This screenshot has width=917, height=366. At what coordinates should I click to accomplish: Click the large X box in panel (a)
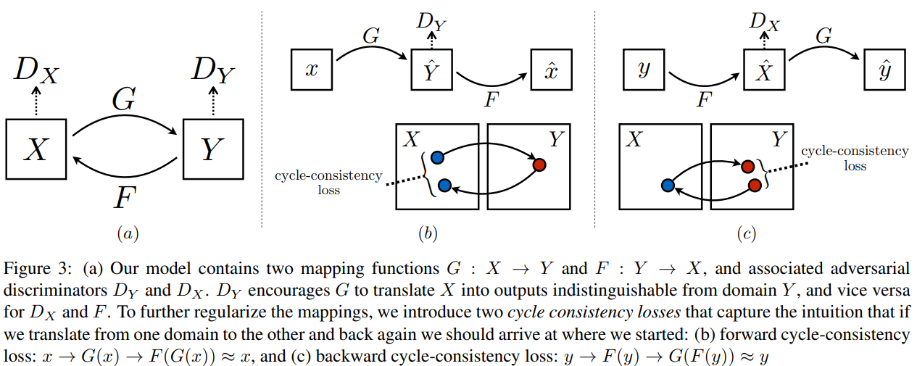pyautogui.click(x=38, y=149)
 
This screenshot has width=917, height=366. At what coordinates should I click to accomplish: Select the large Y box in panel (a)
pyautogui.click(x=211, y=149)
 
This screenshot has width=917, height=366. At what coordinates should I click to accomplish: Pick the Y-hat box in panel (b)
pyautogui.click(x=432, y=70)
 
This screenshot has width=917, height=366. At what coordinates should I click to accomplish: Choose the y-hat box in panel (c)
pyautogui.click(x=884, y=70)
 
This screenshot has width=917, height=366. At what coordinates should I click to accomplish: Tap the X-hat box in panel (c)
pyautogui.click(x=764, y=70)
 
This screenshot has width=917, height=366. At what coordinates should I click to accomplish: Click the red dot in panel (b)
pyautogui.click(x=539, y=165)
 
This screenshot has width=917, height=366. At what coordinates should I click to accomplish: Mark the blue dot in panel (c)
pyautogui.click(x=668, y=186)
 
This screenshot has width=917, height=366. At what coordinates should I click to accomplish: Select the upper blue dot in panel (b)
pyautogui.click(x=437, y=157)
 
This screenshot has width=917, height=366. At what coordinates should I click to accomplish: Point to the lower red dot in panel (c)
pyautogui.click(x=755, y=185)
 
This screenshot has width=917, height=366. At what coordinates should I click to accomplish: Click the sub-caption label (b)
pyautogui.click(x=428, y=233)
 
